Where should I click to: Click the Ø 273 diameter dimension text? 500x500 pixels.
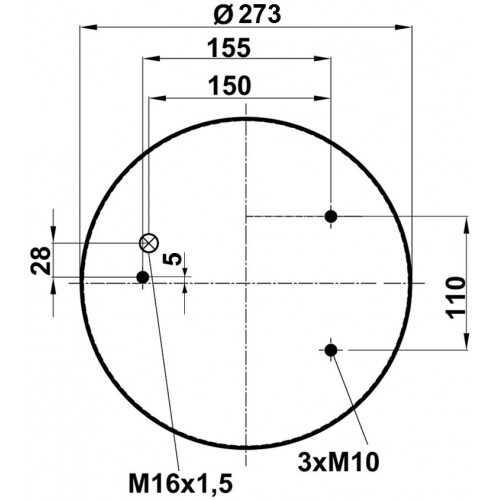click(247, 15)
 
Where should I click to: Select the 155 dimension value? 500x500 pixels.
click(229, 48)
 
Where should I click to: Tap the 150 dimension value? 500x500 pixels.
click(229, 86)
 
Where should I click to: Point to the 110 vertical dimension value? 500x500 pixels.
click(455, 297)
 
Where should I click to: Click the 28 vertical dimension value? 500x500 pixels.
click(41, 260)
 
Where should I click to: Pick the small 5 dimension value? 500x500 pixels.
click(173, 259)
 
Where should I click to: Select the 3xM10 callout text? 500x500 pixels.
click(338, 462)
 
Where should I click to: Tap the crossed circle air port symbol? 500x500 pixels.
click(149, 243)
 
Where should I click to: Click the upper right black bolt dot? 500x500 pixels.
click(331, 217)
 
